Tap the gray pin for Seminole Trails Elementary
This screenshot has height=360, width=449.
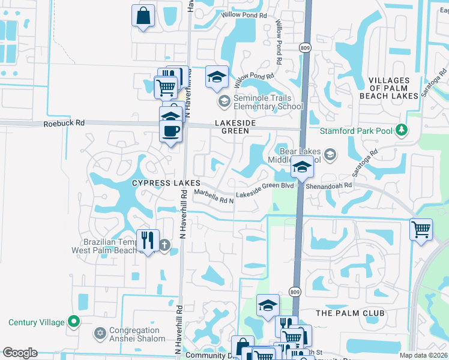point(224,101)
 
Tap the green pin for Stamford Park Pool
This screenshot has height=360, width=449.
point(402,130)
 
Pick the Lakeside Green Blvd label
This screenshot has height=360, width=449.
point(265,186)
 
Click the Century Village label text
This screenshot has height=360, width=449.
point(37,322)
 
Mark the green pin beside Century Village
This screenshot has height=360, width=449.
point(74,322)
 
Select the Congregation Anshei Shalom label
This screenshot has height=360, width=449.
point(134,334)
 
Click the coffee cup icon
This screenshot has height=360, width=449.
point(171,130)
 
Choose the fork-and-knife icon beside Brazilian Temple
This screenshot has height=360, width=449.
point(147,241)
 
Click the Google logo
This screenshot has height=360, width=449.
point(20,353)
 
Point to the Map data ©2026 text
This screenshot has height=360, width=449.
point(424,355)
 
